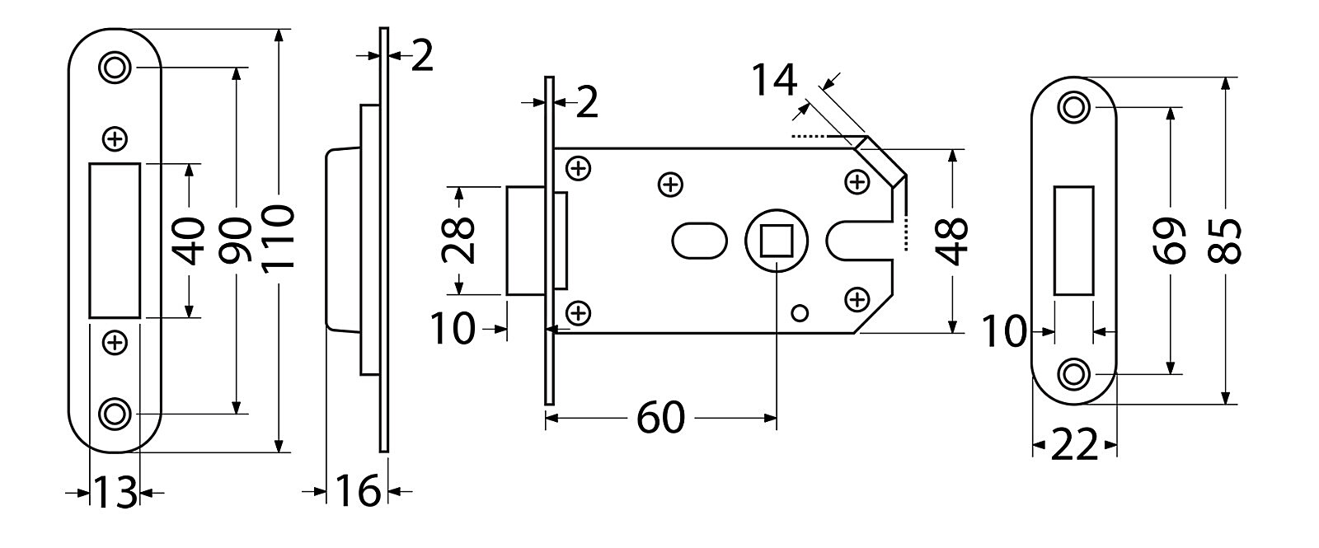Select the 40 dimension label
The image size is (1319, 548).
190,241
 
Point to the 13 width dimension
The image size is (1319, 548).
114,493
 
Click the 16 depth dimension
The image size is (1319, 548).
358,492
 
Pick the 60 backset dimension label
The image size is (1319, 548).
660,419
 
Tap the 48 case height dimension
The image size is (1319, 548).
953,241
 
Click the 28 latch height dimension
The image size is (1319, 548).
458,240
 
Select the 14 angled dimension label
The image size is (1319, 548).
774,82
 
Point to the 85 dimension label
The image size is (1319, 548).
1227,241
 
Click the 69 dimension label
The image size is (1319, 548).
1170,241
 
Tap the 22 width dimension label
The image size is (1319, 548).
1075,447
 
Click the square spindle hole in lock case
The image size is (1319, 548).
777,240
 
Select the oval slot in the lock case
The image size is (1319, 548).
699,241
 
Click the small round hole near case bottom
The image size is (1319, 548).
797,311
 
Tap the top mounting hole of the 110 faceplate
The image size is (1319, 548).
115,67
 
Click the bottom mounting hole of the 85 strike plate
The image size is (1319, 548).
1073,374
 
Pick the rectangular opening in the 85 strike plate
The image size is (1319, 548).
1073,240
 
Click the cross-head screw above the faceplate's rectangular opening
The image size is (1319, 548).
116,139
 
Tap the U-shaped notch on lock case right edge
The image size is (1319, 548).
849,241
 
